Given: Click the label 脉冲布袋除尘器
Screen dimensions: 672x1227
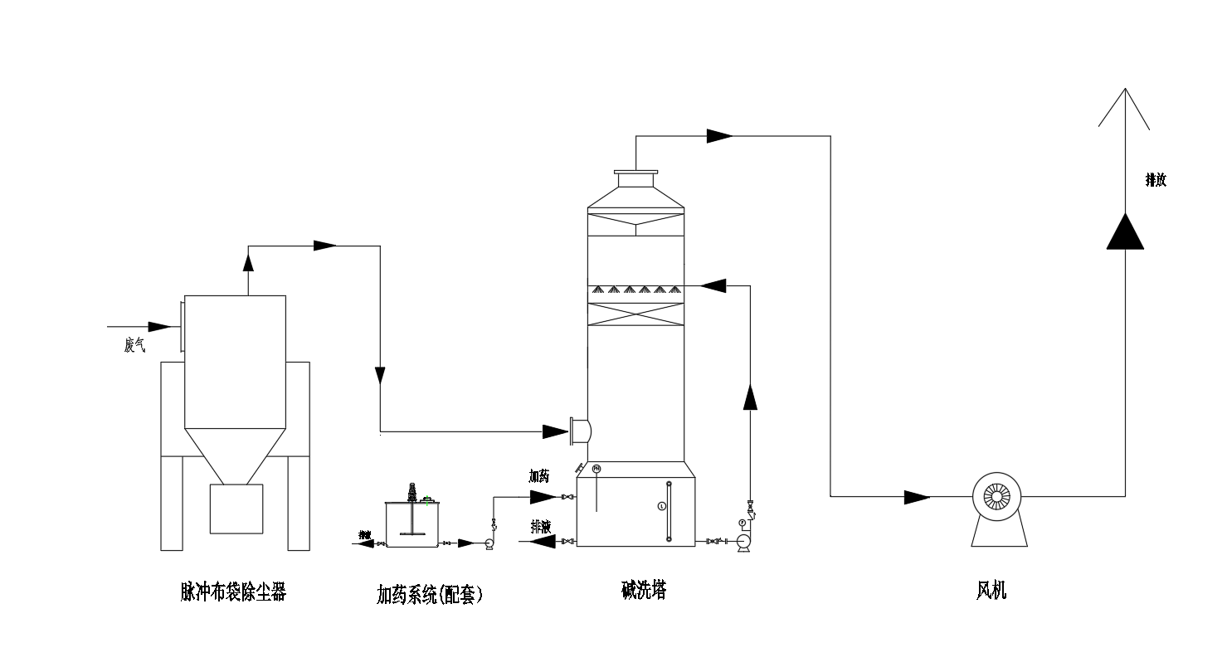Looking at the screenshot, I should click(233, 592).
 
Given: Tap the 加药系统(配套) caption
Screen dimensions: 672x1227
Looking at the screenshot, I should click(430, 594).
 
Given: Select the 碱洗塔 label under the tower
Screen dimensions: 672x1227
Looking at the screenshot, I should click(644, 590).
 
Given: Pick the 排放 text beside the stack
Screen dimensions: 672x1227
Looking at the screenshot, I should click(1156, 180).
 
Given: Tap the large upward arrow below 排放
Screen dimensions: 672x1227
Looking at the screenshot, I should click(1125, 231).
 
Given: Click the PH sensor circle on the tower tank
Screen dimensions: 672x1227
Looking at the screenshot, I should click(596, 470).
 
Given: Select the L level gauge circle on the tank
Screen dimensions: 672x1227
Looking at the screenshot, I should click(661, 505).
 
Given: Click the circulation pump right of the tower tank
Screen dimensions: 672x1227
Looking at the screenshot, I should click(743, 541).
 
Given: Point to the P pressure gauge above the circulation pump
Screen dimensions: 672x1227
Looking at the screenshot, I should click(742, 523).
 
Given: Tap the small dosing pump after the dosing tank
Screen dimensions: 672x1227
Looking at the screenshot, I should click(489, 543).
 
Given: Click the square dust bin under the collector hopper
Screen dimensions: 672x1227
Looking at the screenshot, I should click(236, 509).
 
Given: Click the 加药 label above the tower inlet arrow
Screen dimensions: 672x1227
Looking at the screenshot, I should click(539, 476).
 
